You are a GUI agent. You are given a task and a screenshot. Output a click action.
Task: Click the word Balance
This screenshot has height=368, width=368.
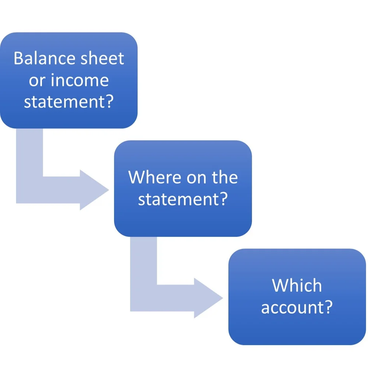click(x=41, y=59)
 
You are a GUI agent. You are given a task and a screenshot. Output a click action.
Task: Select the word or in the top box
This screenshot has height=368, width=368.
click(x=36, y=81)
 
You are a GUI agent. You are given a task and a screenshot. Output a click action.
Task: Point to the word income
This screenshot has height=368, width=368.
click(x=79, y=80)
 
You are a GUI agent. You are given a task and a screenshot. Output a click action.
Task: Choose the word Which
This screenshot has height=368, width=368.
click(x=297, y=286)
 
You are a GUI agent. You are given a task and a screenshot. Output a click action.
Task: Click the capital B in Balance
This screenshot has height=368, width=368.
click(x=18, y=59)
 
